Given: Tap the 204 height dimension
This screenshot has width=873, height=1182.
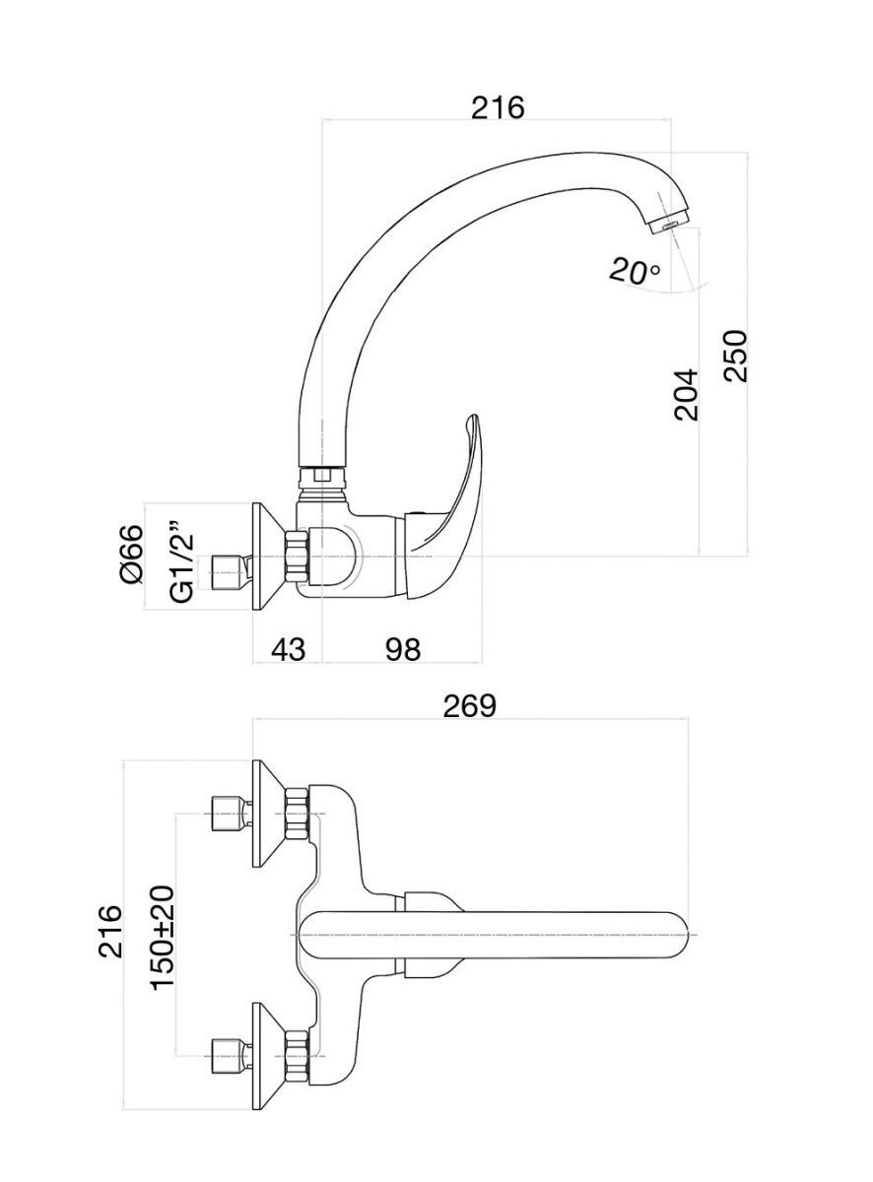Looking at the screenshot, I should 686,393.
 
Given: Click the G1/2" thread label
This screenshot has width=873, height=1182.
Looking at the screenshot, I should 181,562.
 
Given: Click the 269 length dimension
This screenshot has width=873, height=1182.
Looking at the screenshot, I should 469,705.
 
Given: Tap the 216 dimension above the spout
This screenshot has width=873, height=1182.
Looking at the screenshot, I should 498,106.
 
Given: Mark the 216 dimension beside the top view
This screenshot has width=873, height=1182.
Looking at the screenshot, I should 109,931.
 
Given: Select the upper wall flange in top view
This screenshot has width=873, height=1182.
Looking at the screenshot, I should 268,814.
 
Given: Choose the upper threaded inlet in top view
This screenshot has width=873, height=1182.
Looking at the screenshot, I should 228,814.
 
